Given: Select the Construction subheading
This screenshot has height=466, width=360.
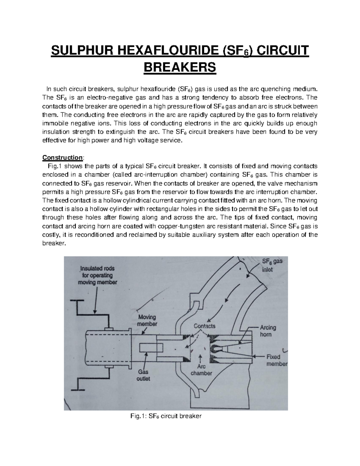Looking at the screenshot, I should [62, 157].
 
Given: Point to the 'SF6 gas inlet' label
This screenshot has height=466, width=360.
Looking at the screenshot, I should [272, 265].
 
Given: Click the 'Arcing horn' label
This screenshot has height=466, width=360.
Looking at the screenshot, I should [268, 331].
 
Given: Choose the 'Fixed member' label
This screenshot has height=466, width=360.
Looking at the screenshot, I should [277, 360].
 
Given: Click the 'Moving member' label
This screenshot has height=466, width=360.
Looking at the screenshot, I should [147, 320].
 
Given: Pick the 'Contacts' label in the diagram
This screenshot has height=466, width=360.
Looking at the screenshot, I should [205, 326].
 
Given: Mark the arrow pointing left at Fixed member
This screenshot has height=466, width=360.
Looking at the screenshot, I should [258, 356].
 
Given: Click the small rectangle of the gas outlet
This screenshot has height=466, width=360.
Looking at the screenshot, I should [151, 348].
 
